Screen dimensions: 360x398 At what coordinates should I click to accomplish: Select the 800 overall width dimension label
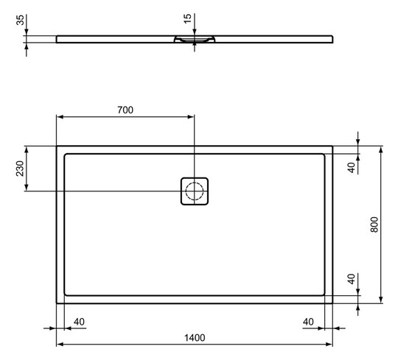point(374,225)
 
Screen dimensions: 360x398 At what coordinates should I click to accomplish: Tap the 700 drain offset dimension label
point(125,110)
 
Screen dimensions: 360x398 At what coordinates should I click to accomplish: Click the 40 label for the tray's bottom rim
point(352,280)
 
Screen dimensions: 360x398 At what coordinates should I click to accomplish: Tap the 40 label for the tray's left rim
point(80,321)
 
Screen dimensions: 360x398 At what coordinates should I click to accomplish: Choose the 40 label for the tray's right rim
point(309,321)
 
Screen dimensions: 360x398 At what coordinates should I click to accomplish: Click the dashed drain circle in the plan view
point(195,192)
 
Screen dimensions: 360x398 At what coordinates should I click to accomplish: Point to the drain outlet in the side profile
point(195,41)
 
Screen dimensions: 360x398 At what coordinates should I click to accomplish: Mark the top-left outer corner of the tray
point(57,146)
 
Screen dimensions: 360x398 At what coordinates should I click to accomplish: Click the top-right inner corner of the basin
point(324,154)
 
